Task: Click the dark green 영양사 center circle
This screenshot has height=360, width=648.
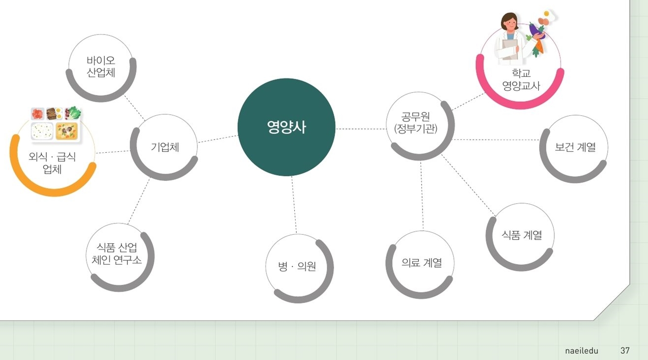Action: tap(286, 127)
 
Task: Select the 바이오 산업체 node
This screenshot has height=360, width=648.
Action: tap(101, 68)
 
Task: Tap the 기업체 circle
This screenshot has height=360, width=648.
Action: tap(164, 147)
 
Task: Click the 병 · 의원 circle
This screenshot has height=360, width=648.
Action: tap(299, 268)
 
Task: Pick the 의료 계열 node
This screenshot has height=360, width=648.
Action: tap(420, 265)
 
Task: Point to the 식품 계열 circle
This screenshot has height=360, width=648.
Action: tap(520, 237)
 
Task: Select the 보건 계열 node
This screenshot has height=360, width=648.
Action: tap(574, 149)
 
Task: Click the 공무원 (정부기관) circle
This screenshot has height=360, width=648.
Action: tap(421, 126)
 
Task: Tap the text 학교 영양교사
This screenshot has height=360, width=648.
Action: tap(521, 79)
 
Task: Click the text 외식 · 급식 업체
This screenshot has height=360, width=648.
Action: tap(52, 163)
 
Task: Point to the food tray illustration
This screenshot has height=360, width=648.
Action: tap(56, 124)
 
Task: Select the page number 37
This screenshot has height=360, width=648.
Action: tap(625, 351)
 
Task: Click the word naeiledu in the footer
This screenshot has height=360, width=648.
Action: tap(582, 351)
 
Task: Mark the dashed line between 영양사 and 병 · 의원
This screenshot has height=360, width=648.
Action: tap(294, 205)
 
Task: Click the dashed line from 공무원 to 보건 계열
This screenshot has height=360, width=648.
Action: tap(496, 139)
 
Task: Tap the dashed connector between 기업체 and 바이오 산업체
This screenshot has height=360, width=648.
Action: tap(135, 108)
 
